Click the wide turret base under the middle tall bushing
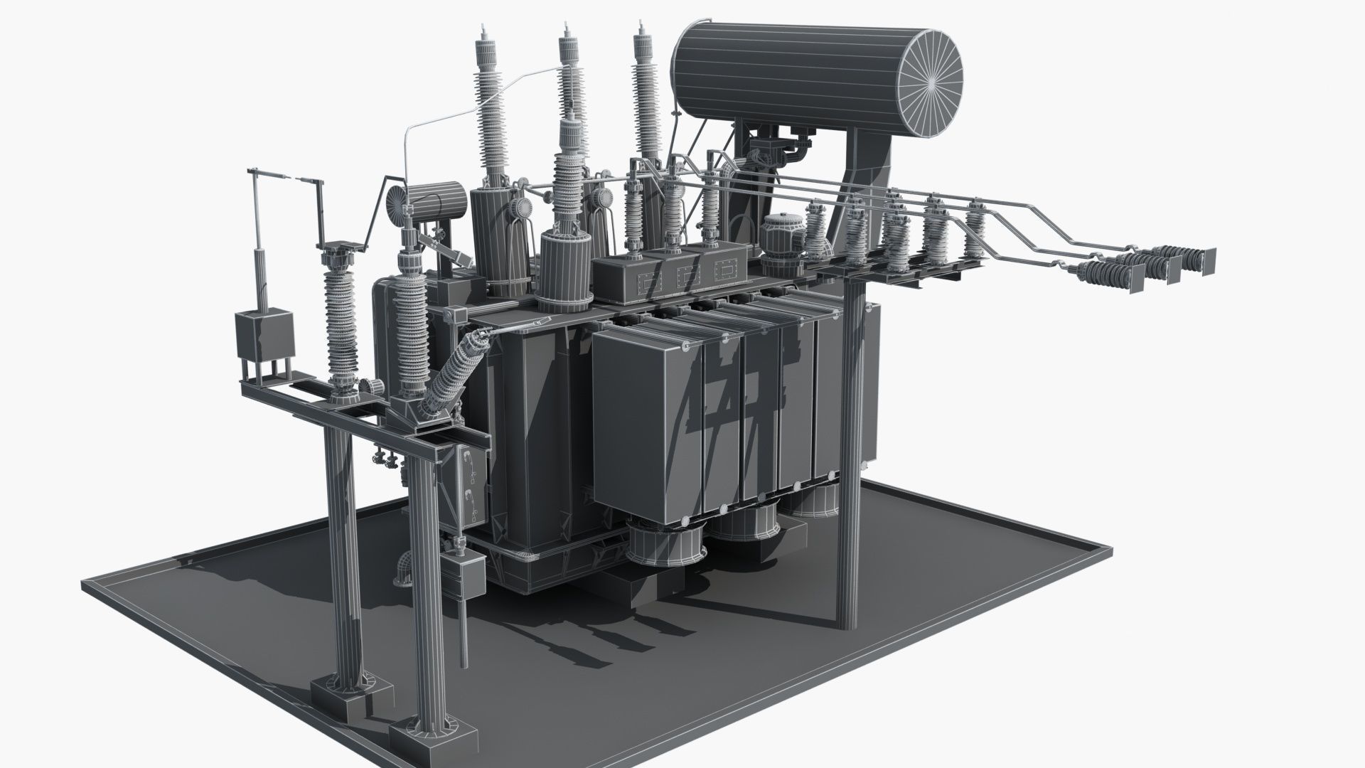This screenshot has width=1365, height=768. (567, 270)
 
